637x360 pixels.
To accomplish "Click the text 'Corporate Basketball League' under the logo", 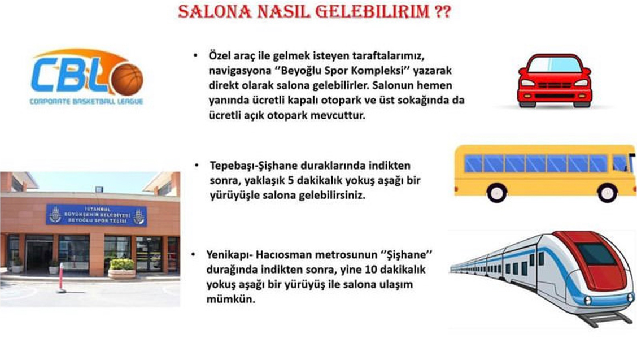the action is click(86, 101).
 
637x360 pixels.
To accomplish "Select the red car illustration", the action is click(554, 81).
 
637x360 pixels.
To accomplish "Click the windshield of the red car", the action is click(554, 65).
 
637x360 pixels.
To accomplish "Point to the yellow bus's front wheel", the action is click(607, 192).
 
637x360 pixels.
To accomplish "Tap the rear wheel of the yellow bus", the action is click(496, 192).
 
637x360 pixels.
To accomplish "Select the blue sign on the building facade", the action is click(96, 215).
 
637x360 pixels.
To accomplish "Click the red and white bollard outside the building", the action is click(62, 277).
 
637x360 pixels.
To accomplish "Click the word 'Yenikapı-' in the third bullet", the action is click(229, 255).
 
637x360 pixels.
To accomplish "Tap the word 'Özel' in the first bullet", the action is click(219, 55).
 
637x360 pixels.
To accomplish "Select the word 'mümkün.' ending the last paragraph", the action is click(231, 300).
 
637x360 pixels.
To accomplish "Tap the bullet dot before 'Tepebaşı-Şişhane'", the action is click(197, 165).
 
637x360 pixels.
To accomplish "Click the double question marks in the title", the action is click(442, 11).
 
